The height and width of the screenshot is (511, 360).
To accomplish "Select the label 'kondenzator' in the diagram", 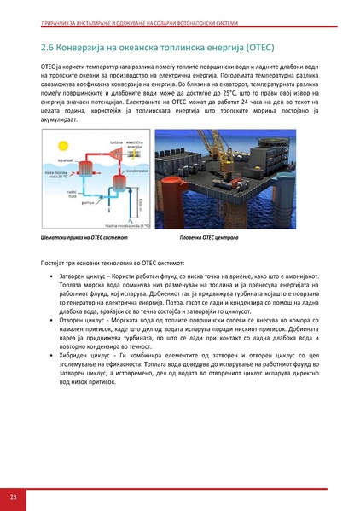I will pos(135,169).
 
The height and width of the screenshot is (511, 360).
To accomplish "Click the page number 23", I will pos(12,496).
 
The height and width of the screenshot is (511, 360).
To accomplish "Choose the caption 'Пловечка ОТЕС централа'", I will pos(210,235).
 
